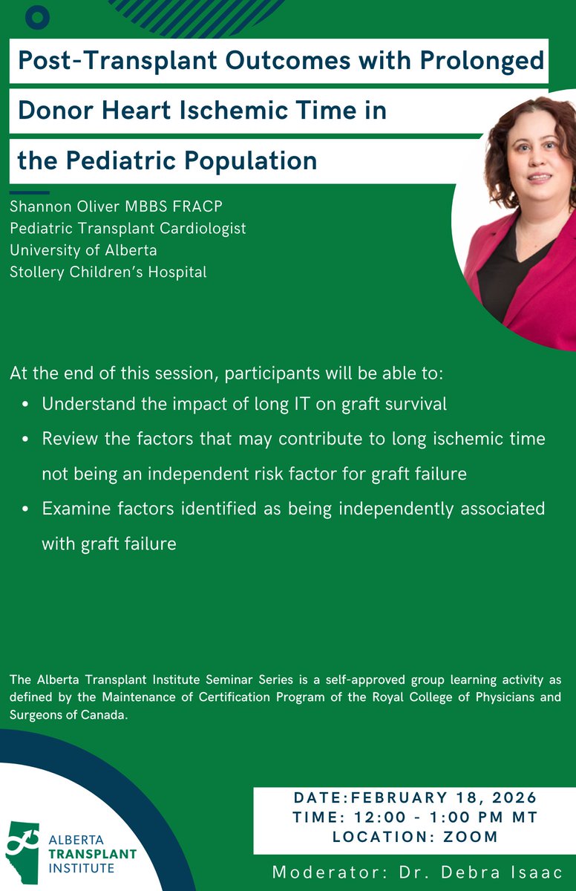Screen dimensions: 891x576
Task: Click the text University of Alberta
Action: (83, 250)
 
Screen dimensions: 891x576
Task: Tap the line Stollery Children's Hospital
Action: (108, 272)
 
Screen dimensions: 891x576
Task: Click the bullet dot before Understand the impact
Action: (27, 405)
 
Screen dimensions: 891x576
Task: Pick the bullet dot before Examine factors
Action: (27, 510)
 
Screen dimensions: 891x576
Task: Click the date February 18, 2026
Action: (444, 798)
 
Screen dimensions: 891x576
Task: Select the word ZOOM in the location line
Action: (471, 837)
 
